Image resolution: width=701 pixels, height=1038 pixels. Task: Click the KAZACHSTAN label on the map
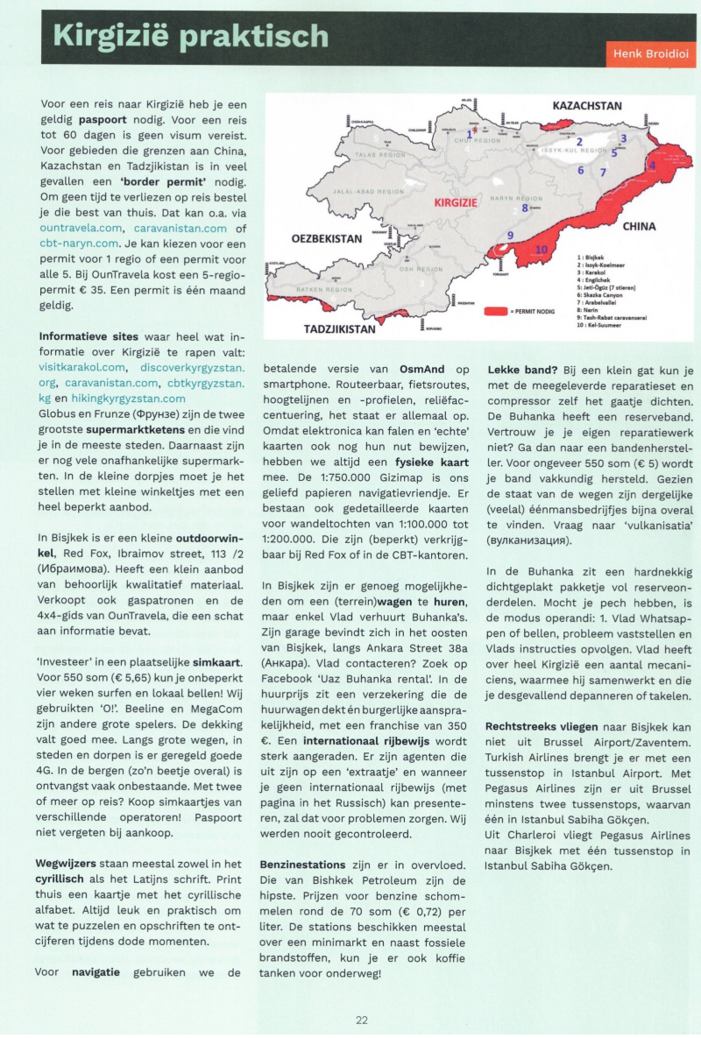[x=586, y=107]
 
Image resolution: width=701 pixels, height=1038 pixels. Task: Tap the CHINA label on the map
[x=639, y=226]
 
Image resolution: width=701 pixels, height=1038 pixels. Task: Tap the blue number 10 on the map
[x=541, y=250]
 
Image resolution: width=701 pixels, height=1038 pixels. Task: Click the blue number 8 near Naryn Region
[x=525, y=208]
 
